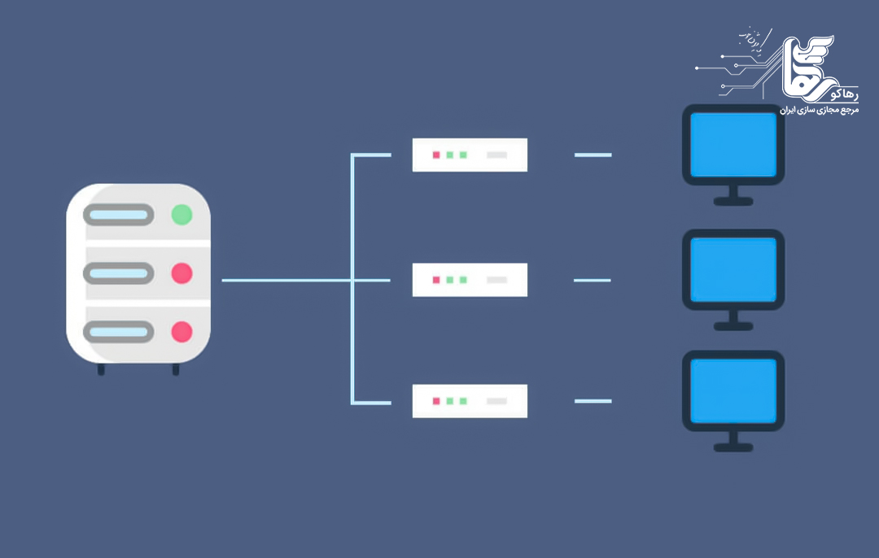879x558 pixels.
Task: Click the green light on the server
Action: coord(181,215)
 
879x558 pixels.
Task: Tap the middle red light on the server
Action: coord(181,273)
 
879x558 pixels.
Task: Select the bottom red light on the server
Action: coord(181,332)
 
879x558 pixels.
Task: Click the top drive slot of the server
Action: coord(120,215)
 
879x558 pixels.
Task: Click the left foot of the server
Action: coord(101,369)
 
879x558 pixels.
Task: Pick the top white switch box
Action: coord(470,155)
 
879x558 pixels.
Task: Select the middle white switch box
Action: coord(470,280)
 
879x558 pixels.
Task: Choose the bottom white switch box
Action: coord(470,401)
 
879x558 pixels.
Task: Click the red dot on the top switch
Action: coord(435,155)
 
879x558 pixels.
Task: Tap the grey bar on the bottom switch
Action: coord(496,401)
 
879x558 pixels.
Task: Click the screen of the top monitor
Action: coord(733,144)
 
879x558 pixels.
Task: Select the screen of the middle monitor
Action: coord(733,268)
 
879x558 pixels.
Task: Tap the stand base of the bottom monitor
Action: coord(733,447)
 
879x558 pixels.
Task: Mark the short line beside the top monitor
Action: coord(593,155)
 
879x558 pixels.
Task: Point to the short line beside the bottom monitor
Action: coord(593,401)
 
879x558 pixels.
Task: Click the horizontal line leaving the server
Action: coord(285,280)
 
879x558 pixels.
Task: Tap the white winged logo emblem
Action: coord(814,65)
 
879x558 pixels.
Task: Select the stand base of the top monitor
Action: coord(733,200)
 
